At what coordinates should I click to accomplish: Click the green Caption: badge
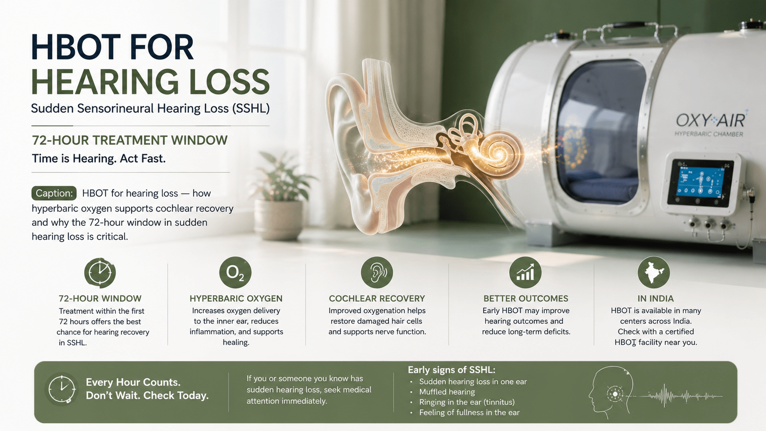point(54,193)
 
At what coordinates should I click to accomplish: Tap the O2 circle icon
point(235,273)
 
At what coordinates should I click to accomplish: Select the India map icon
point(653,273)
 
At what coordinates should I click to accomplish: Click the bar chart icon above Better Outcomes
point(525,273)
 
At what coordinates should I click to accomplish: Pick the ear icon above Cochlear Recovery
point(377,273)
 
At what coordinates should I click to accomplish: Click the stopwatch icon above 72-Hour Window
point(100,273)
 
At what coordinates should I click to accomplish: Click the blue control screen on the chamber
point(700,182)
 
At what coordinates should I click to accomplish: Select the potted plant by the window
point(280,196)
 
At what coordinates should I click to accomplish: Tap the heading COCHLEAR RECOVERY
point(377,298)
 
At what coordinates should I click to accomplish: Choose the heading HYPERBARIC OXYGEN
point(236,298)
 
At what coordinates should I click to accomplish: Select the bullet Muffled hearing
point(447,392)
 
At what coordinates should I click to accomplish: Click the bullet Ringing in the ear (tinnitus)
point(467,402)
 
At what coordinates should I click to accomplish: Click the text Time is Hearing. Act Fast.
point(98,158)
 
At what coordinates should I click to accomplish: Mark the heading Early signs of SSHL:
point(451,370)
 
